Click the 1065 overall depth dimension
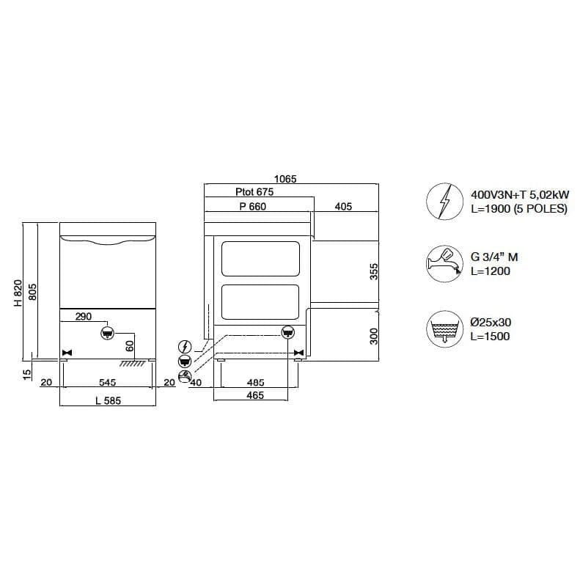[285, 179]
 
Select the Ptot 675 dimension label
[254, 192]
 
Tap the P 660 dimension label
[253, 206]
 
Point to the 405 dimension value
[343, 206]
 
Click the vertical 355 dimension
[374, 271]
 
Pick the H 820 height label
[18, 293]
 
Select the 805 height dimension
[32, 292]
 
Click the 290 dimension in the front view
[84, 317]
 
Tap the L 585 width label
[108, 400]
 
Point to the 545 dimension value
[107, 382]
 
